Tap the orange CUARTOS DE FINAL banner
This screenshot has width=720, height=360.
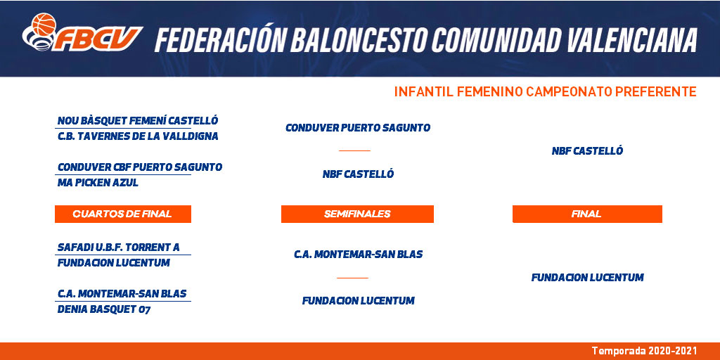[x=122, y=214]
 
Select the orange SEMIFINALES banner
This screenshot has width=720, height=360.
[x=357, y=214]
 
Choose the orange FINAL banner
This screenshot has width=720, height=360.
[x=587, y=214]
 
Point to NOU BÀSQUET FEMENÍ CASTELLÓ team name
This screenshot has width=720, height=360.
[x=138, y=121]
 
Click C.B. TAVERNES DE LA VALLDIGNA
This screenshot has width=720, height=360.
[x=138, y=136]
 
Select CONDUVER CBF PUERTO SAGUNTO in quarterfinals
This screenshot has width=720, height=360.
[x=140, y=167]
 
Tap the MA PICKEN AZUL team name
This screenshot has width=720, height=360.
[x=98, y=183]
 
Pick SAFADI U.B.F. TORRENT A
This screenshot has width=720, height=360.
[x=118, y=247]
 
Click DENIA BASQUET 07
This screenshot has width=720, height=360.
[x=104, y=309]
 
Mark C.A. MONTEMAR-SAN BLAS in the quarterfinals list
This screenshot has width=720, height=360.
[x=122, y=293]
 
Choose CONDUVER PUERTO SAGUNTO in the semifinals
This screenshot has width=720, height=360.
[x=358, y=128]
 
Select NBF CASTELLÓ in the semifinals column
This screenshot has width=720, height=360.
[x=358, y=174]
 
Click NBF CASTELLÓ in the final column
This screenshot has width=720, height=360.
[x=587, y=151]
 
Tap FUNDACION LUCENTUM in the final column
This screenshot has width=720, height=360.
[x=587, y=277]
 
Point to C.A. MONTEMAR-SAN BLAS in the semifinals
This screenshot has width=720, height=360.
[x=358, y=255]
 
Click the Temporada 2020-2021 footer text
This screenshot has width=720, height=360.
[x=644, y=351]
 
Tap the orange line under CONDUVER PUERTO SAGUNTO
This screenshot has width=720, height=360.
[x=354, y=150]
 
